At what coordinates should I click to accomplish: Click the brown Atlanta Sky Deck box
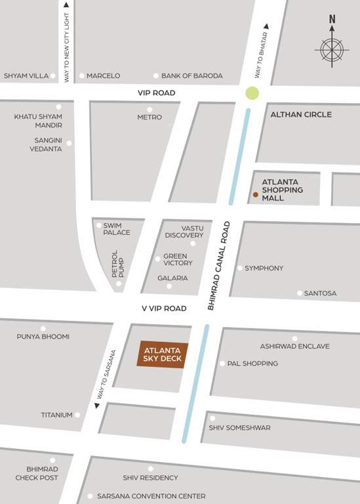(162, 354)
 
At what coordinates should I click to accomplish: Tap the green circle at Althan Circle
(252, 93)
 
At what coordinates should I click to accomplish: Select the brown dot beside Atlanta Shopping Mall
(256, 194)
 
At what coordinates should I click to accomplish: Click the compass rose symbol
(332, 49)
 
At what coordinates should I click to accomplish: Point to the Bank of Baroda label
(192, 76)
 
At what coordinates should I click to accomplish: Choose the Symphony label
(264, 268)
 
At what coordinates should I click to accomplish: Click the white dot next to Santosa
(300, 293)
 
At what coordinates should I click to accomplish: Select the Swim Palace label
(117, 228)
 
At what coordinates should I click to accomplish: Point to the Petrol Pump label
(117, 264)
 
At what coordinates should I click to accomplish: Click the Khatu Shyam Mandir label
(38, 121)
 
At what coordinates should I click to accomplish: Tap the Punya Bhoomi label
(43, 337)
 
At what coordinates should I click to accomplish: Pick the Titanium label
(56, 415)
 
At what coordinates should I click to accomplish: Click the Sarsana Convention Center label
(151, 496)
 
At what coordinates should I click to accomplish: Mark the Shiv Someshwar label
(239, 428)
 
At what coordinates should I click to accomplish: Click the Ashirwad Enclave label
(294, 346)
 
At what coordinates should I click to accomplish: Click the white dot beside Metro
(150, 110)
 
